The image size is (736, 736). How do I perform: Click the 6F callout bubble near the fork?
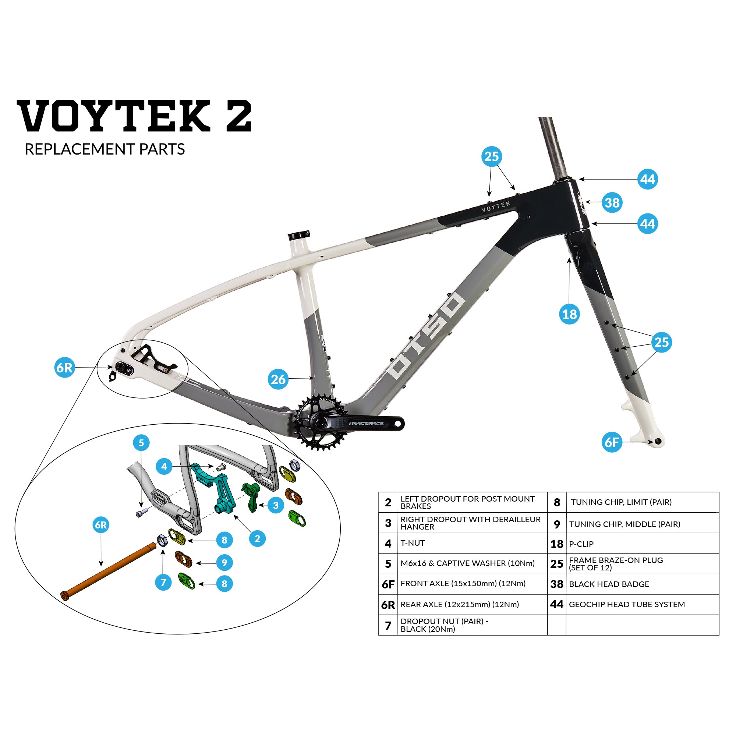(x=612, y=442)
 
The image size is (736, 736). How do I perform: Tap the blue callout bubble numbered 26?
(x=278, y=379)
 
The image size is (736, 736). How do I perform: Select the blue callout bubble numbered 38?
(x=612, y=203)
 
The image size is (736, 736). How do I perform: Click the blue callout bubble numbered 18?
(x=570, y=314)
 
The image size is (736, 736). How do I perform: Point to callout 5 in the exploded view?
(x=141, y=443)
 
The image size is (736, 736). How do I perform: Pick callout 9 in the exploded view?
(x=224, y=563)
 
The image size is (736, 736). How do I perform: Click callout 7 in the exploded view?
(x=163, y=582)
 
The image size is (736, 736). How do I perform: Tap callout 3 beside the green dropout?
(x=276, y=506)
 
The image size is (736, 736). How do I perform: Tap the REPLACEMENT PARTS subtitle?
(x=105, y=149)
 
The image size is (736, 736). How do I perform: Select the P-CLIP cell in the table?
(x=642, y=544)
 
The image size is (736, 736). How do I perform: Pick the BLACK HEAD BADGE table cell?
(x=642, y=584)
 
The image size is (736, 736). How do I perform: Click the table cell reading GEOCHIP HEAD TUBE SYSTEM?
(x=642, y=605)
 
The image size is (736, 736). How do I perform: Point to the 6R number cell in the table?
(x=388, y=605)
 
